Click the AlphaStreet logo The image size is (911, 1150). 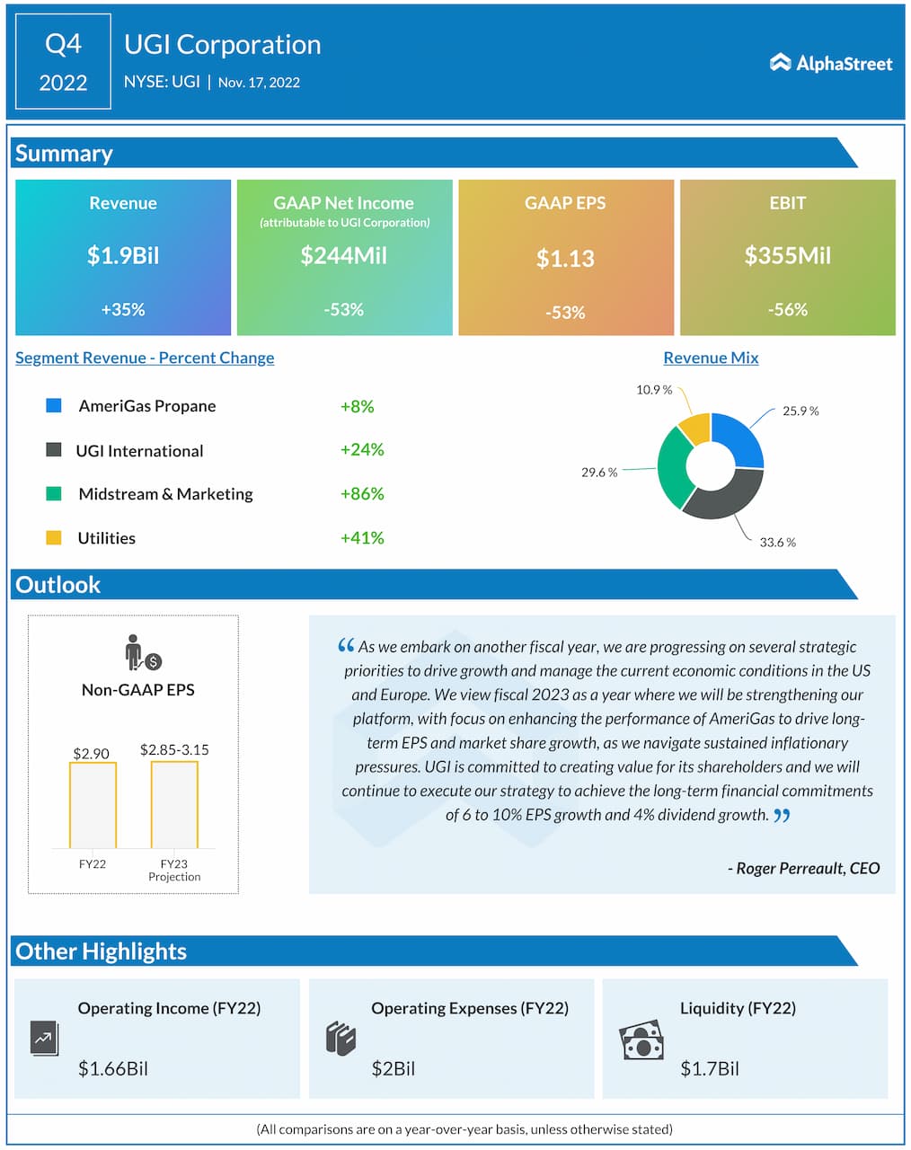click(831, 63)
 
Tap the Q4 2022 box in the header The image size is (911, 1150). click(63, 62)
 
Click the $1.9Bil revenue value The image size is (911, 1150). click(123, 256)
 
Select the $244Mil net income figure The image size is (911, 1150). click(343, 256)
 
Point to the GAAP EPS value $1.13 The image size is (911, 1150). click(565, 259)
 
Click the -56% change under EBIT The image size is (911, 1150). click(787, 310)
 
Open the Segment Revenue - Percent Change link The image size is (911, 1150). click(145, 358)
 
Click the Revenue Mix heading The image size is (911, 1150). click(711, 358)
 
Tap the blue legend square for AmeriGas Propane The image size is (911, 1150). click(54, 405)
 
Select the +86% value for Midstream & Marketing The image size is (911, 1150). click(362, 493)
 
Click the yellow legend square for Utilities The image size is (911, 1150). click(54, 537)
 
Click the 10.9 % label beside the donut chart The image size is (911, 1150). click(654, 390)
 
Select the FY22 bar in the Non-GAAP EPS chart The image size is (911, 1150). click(93, 804)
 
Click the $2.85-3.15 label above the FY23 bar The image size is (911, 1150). click(174, 749)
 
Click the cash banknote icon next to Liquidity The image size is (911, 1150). click(641, 1040)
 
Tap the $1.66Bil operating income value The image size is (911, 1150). click(113, 1068)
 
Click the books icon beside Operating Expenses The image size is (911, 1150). click(341, 1039)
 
